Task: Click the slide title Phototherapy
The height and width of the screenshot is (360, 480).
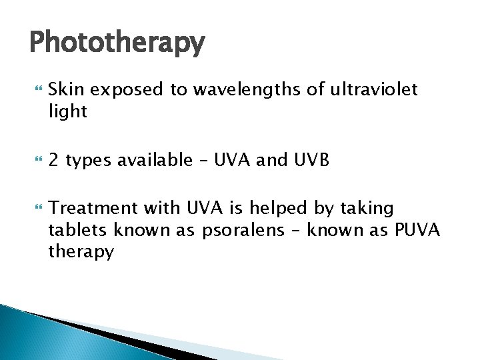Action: click(x=117, y=43)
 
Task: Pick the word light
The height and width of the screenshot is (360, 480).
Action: click(x=68, y=111)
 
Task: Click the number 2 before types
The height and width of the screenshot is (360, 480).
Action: click(x=54, y=160)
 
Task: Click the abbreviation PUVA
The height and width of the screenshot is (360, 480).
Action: click(x=417, y=230)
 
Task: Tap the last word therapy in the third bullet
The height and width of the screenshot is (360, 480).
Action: click(x=81, y=252)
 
